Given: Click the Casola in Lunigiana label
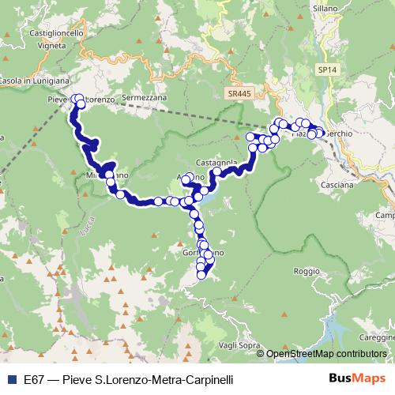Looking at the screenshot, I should [x=35, y=81].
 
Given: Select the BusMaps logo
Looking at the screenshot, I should [x=354, y=379].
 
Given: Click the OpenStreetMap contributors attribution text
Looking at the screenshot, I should [x=325, y=354].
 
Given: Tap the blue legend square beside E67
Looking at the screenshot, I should [x=12, y=379].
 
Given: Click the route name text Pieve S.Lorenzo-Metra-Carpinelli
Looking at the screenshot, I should [x=150, y=379].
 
